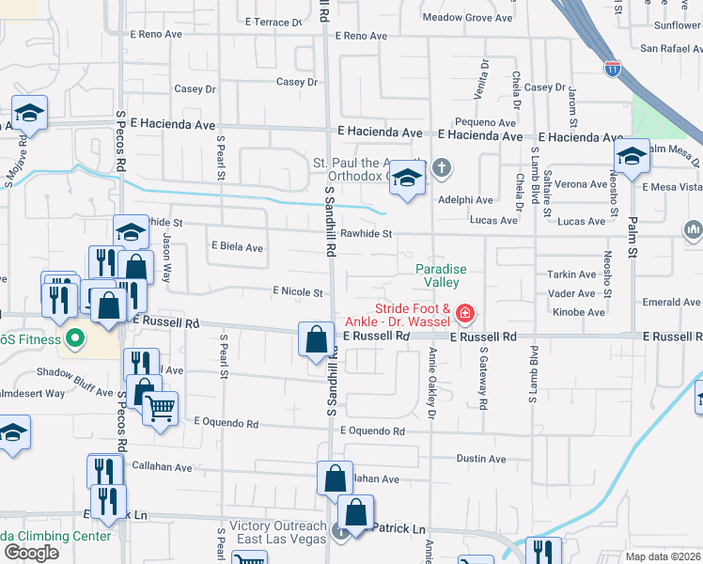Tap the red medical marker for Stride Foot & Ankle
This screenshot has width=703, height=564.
point(463,312)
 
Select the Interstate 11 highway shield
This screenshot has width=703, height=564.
point(613,70)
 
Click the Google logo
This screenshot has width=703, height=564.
point(31,552)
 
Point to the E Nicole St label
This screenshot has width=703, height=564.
point(298,293)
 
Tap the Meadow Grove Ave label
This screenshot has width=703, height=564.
point(454,18)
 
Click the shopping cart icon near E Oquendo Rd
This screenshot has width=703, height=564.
point(161,409)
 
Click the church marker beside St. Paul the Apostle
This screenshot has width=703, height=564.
point(442,170)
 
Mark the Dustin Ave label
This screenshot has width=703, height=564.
point(480,459)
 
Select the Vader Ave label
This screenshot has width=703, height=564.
point(573,293)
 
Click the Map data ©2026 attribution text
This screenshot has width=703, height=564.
point(662,556)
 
